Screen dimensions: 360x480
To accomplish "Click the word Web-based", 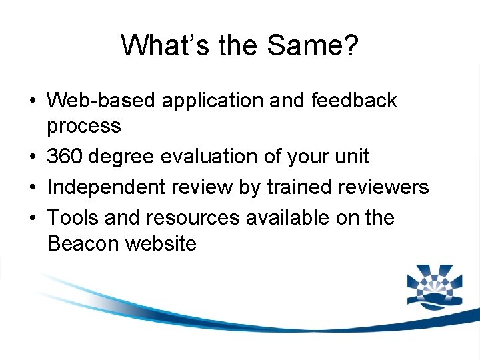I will [102, 101].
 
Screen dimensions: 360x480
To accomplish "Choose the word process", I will [84, 125].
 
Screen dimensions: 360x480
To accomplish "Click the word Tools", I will [73, 218].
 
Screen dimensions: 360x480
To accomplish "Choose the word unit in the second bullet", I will [349, 157].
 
